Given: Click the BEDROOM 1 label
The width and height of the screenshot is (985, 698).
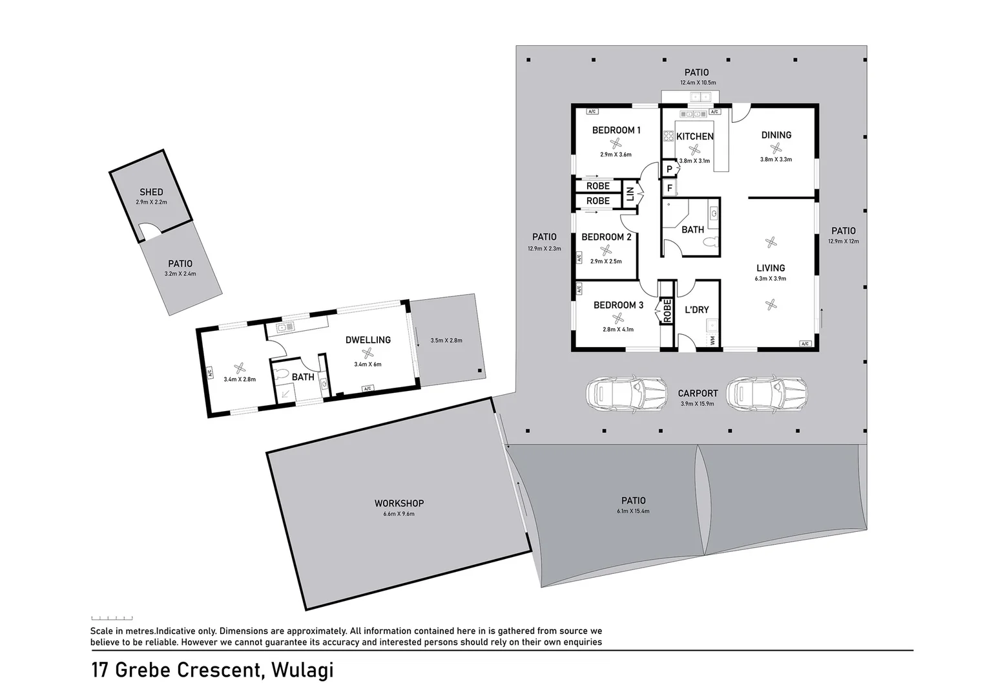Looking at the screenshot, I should pyautogui.click(x=616, y=130).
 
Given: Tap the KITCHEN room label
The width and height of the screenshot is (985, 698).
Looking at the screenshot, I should pyautogui.click(x=694, y=136).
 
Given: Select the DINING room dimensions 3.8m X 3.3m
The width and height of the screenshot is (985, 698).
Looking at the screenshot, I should pyautogui.click(x=776, y=159).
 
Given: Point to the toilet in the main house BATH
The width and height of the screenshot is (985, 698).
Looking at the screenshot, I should pyautogui.click(x=710, y=243).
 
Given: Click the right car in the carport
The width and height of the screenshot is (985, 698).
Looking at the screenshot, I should pyautogui.click(x=767, y=393).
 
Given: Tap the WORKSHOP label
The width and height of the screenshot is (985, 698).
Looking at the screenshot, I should pyautogui.click(x=399, y=503).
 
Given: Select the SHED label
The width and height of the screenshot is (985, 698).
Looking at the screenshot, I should pyautogui.click(x=151, y=192).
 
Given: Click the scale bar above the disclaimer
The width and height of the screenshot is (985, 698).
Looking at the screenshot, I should pyautogui.click(x=112, y=618).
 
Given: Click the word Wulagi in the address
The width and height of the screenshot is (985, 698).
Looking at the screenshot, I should pyautogui.click(x=302, y=670).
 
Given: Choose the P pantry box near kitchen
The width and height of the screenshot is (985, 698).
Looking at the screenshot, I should pyautogui.click(x=669, y=169).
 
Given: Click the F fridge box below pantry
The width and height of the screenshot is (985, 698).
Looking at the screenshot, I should pyautogui.click(x=669, y=188).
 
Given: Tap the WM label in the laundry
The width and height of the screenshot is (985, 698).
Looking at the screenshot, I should pyautogui.click(x=712, y=339).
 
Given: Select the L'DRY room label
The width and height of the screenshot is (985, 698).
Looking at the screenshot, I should pyautogui.click(x=696, y=310).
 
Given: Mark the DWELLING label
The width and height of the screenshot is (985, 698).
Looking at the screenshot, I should pyautogui.click(x=368, y=339).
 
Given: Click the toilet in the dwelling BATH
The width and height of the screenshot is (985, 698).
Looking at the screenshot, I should pyautogui.click(x=282, y=374).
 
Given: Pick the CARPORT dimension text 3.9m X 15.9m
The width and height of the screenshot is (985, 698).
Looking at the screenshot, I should pyautogui.click(x=698, y=404).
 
